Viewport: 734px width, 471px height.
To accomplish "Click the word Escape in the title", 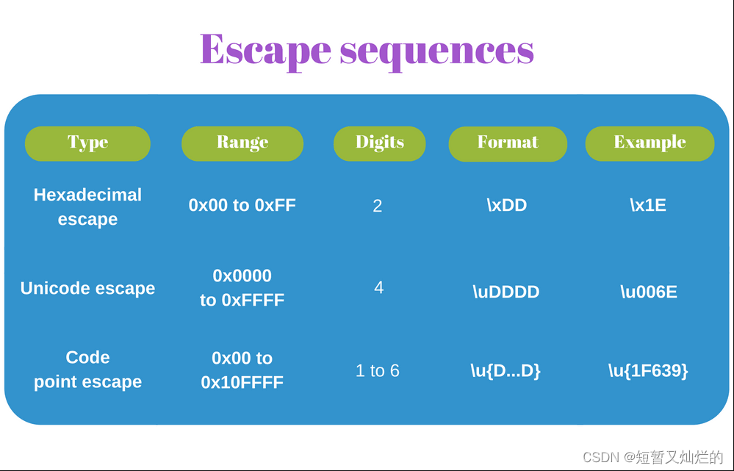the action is (x=265, y=51).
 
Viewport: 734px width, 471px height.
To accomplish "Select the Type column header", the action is (x=87, y=143).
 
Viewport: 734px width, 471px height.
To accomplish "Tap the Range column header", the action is (x=242, y=143).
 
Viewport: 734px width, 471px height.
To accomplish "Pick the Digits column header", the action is (x=380, y=143).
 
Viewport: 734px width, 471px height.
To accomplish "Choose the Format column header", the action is (x=508, y=143).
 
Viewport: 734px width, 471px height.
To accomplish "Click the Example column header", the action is (x=650, y=143).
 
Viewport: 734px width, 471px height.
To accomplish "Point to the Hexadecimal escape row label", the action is (x=87, y=207).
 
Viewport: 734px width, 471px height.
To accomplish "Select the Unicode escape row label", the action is (x=87, y=289).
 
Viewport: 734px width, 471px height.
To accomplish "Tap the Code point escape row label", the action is (x=87, y=370).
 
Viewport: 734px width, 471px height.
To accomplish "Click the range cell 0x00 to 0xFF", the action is (x=242, y=205).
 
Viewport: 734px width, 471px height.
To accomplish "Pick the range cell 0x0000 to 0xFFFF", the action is (x=242, y=288).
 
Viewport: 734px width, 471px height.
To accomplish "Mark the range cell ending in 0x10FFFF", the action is (x=242, y=370).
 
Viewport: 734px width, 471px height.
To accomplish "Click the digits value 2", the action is (x=378, y=206).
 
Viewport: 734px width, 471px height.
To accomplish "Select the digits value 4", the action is (x=378, y=287).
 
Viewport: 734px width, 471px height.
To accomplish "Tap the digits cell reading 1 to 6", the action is (x=378, y=371).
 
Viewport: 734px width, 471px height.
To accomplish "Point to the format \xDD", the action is (x=507, y=205).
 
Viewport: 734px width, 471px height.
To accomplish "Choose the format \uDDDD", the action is (x=506, y=292).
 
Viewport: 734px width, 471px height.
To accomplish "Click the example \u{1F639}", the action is (x=648, y=371).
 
